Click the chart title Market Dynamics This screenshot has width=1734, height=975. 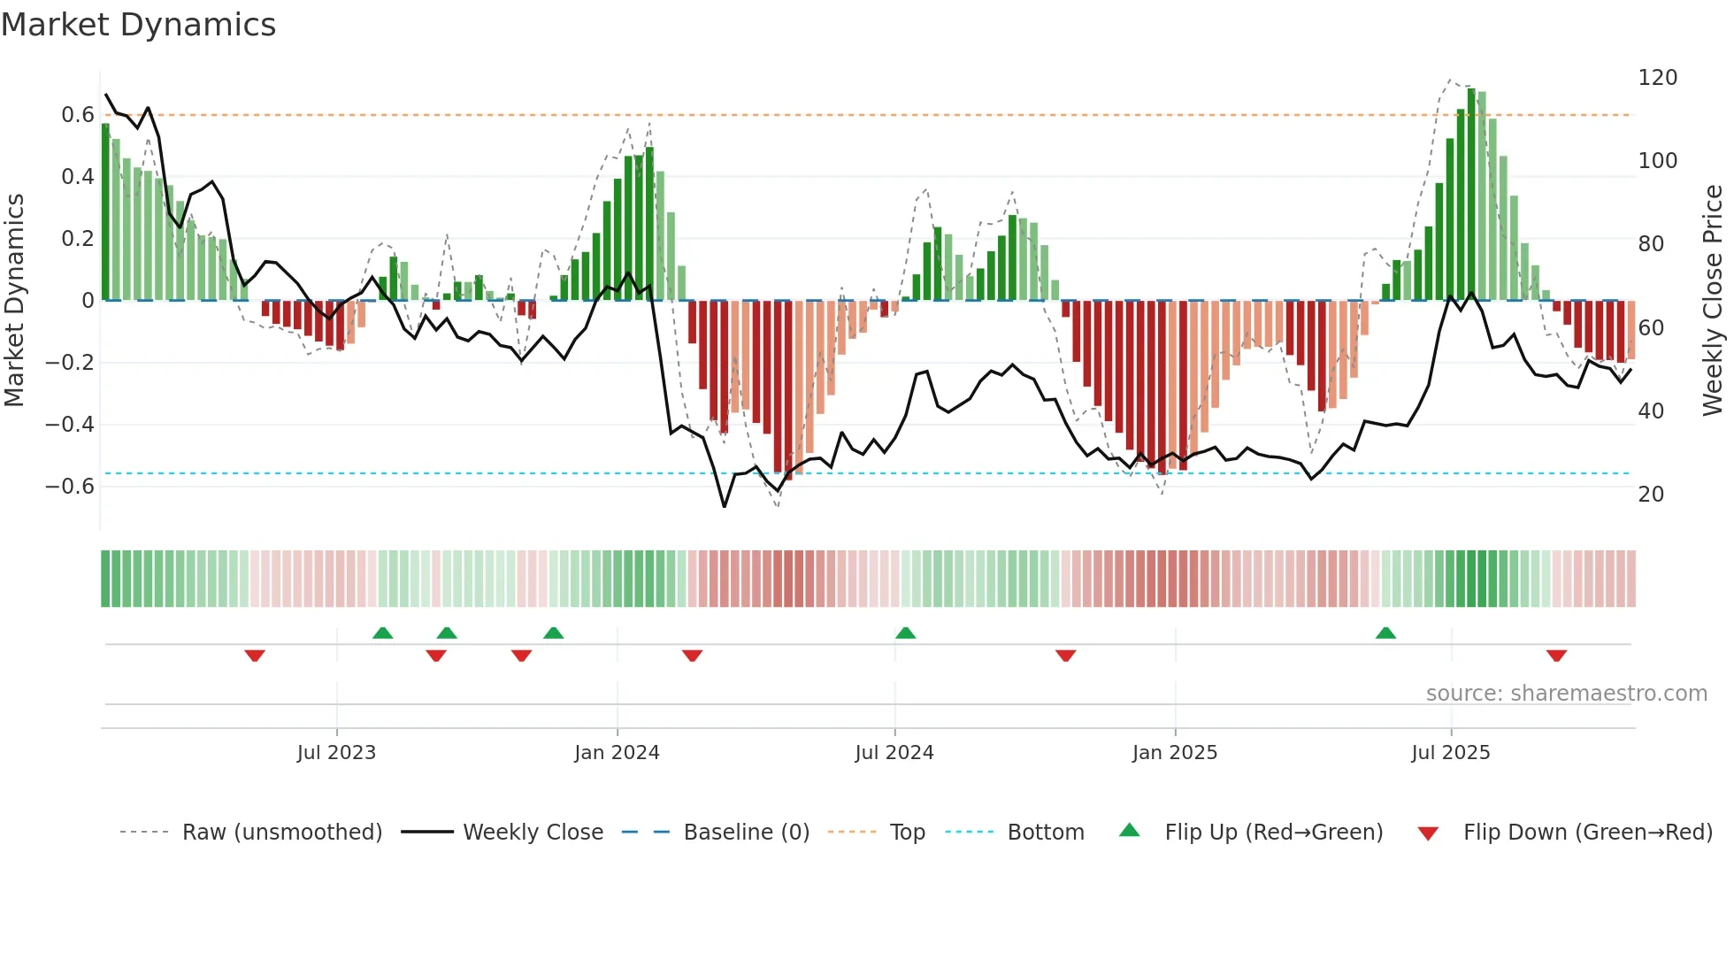pos(139,25)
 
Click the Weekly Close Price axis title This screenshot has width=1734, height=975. pos(1713,300)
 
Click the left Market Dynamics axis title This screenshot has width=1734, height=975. pos(15,300)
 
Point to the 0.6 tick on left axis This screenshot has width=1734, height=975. pos(78,115)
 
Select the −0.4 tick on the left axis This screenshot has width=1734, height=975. pos(71,425)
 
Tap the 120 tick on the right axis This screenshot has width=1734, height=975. pos(1657,78)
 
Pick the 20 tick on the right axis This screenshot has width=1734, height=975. pos(1651,495)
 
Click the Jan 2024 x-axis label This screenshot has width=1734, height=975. pos(617,753)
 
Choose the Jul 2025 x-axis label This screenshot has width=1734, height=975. pos(1450,753)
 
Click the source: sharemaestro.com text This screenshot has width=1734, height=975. pos(1566,694)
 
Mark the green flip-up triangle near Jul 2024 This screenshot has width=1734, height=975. pos(905,633)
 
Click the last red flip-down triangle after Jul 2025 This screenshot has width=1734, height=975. pos(1556,656)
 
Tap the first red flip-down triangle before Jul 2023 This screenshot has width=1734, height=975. pos(255,656)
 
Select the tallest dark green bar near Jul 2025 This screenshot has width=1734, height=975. pos(1471,195)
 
